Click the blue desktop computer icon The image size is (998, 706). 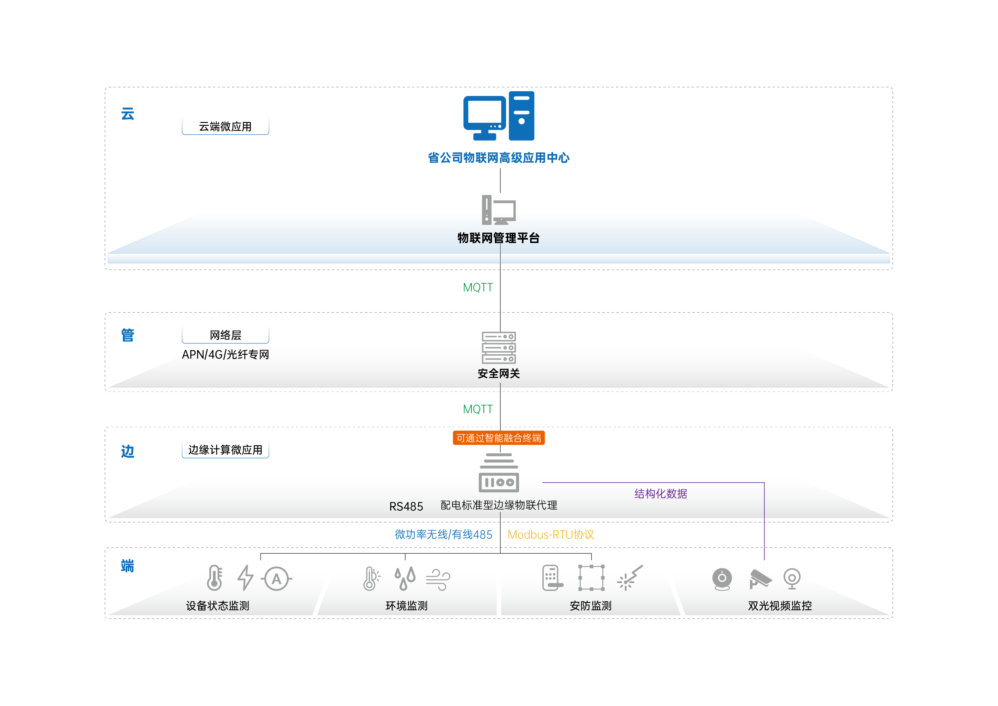pyautogui.click(x=499, y=116)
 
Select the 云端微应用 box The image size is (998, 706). pyautogui.click(x=225, y=126)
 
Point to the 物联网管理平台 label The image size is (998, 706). pyautogui.click(x=499, y=238)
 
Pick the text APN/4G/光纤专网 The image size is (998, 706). pyautogui.click(x=225, y=355)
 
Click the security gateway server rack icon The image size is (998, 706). pyautogui.click(x=499, y=347)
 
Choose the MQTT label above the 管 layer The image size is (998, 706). pyautogui.click(x=478, y=287)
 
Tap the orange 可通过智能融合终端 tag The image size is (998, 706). pyautogui.click(x=499, y=438)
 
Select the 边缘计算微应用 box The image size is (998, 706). pyautogui.click(x=225, y=449)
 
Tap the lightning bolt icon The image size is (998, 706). pyautogui.click(x=245, y=578)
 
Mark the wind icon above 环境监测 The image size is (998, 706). pyautogui.click(x=438, y=579)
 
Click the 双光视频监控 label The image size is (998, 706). pyautogui.click(x=780, y=606)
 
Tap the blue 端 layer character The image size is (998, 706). pyautogui.click(x=127, y=566)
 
